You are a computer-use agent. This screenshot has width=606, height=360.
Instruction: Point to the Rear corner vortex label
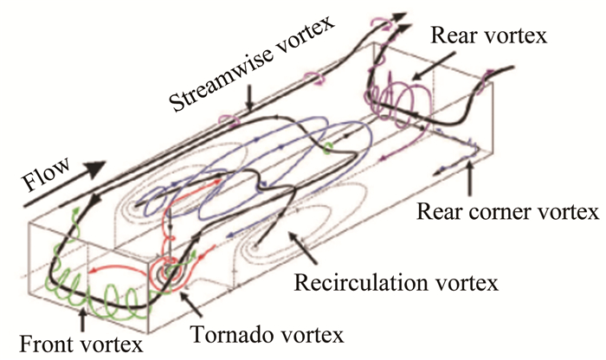coord(506,210)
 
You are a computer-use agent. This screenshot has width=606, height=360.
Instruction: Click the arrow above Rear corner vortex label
coord(471,177)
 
